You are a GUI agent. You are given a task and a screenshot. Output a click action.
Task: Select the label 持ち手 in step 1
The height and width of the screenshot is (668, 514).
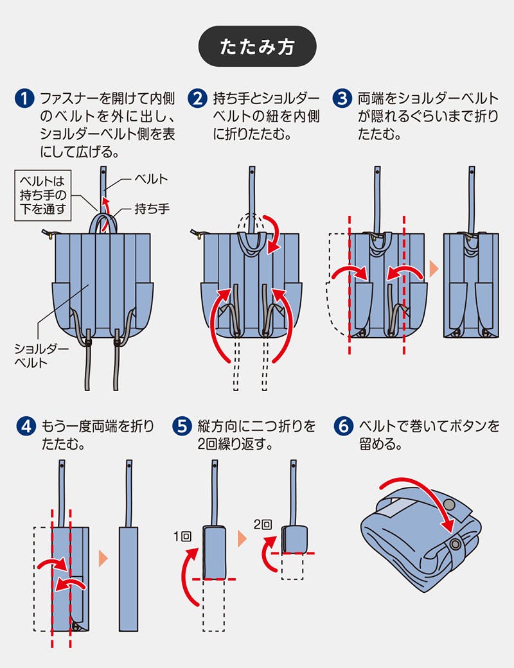coord(152,209)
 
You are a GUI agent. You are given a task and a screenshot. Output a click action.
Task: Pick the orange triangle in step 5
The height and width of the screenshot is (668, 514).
coord(242,538)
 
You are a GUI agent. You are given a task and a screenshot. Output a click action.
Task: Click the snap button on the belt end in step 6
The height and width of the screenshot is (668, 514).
coord(456,544)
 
